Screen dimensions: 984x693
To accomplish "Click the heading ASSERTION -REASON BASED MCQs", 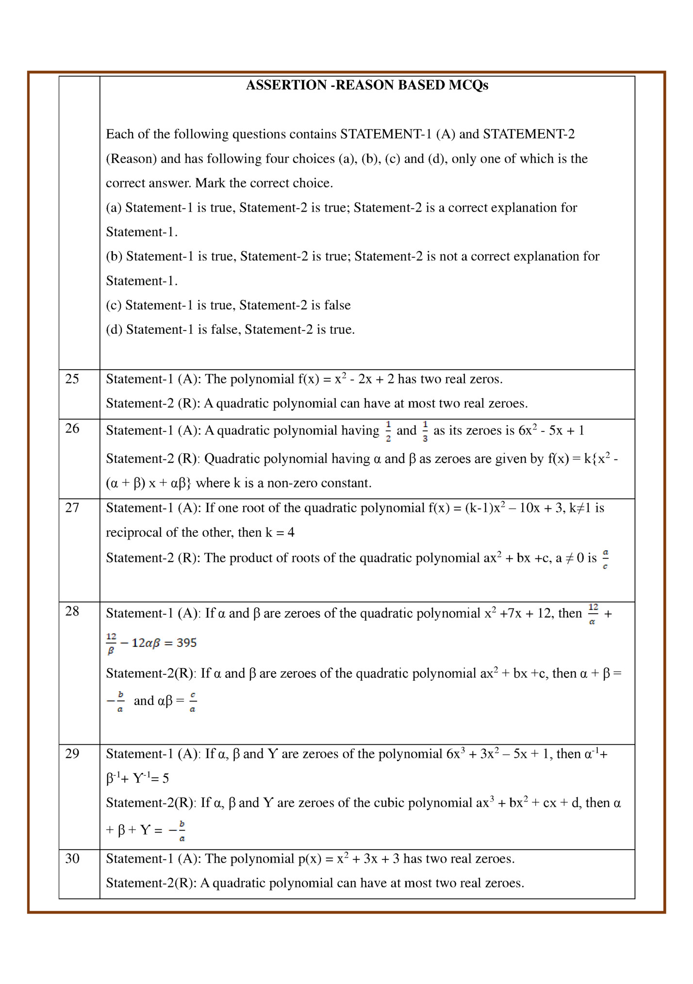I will coord(367,85).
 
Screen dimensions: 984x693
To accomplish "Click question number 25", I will coord(72,379).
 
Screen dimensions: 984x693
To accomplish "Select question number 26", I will coord(72,428).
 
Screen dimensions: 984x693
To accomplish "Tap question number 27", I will coord(72,508).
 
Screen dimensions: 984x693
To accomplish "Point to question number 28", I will coord(72,611).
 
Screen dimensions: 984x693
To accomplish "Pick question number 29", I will coord(72,754).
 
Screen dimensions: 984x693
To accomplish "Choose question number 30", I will coord(72,858).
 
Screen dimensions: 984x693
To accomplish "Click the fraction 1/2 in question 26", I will coord(388,431).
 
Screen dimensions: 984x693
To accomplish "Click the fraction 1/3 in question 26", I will coord(425,431).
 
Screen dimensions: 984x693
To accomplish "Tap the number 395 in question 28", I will coord(187,643).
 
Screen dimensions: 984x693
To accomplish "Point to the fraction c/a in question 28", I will coord(193,702).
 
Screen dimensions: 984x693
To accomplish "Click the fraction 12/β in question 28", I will coord(111,643).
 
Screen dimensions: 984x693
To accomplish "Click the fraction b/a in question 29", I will coord(182,831).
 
